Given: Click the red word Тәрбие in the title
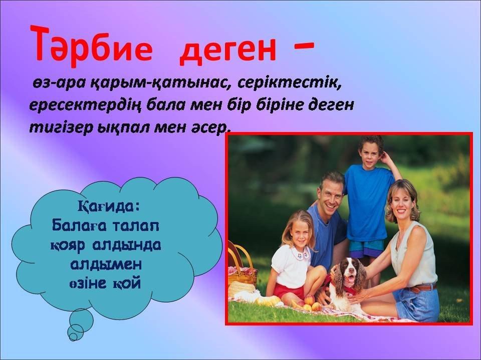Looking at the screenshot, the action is pyautogui.click(x=91, y=45).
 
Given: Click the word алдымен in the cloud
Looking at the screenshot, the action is pyautogui.click(x=106, y=264).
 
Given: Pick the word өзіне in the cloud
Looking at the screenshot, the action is pyautogui.click(x=88, y=283).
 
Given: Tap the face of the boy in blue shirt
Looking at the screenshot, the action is pyautogui.click(x=370, y=153).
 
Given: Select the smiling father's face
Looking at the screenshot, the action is pyautogui.click(x=331, y=196).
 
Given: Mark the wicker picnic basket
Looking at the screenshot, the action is pyautogui.click(x=241, y=265).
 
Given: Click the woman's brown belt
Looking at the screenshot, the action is pyautogui.click(x=423, y=288).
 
